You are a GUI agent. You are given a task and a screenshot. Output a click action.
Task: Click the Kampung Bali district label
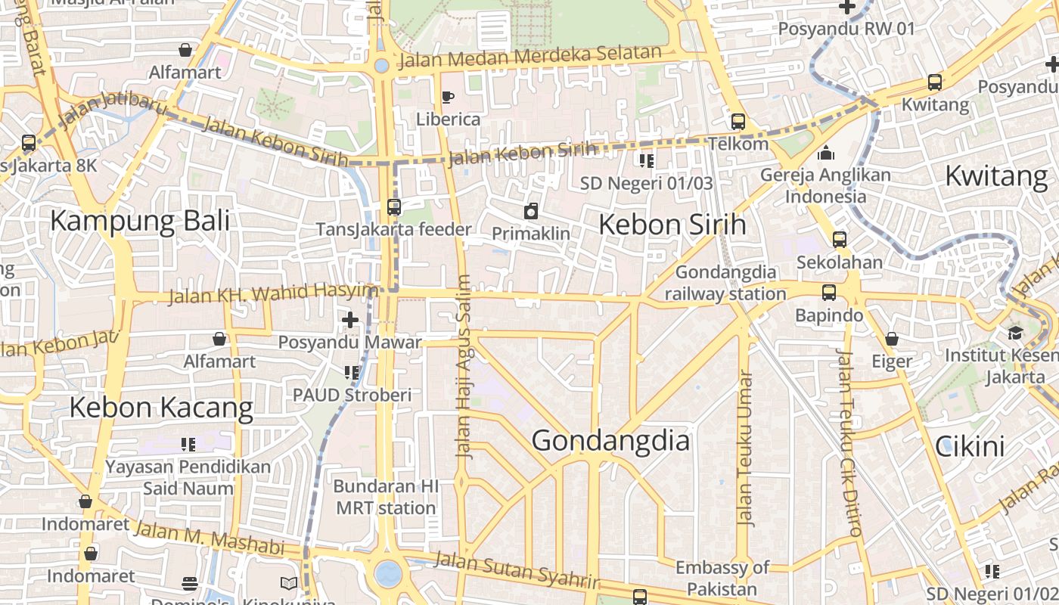(x=140, y=222)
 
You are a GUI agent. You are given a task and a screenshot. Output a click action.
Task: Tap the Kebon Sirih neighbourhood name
(x=672, y=225)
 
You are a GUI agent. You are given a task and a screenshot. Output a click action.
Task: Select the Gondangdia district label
(x=610, y=440)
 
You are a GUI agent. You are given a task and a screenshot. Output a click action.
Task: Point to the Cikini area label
(x=970, y=446)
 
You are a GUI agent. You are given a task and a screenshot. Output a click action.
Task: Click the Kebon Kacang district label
(x=161, y=408)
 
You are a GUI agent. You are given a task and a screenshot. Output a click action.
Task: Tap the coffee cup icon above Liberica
(x=447, y=97)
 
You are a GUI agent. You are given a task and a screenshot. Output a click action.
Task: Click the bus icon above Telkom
(x=738, y=121)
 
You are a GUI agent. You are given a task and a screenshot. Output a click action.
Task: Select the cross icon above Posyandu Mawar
(x=349, y=320)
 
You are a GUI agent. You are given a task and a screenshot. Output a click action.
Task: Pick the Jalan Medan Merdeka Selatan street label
(x=529, y=57)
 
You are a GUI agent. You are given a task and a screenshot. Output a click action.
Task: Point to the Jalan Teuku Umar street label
(x=746, y=448)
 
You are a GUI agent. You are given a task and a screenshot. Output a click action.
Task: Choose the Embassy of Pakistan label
(x=722, y=578)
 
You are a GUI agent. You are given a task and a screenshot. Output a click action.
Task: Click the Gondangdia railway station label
(x=725, y=283)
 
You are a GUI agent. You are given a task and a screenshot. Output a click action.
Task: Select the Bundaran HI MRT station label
(x=386, y=497)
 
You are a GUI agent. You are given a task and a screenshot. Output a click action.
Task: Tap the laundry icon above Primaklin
(x=531, y=211)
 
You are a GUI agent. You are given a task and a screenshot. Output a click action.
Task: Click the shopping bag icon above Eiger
(x=892, y=339)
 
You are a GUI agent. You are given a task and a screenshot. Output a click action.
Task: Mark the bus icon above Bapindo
(x=829, y=293)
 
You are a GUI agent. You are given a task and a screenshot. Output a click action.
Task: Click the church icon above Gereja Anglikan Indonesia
(x=826, y=153)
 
